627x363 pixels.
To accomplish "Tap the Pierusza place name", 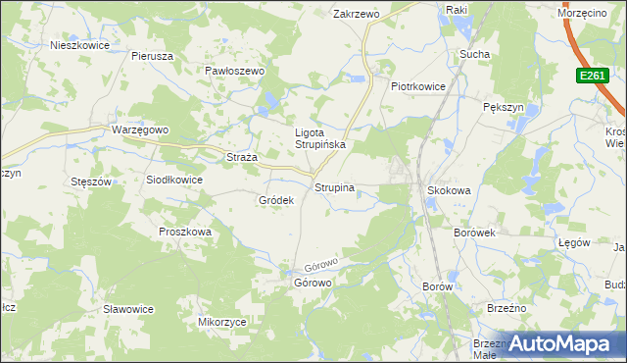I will [152, 56].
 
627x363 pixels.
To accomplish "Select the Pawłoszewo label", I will [235, 71].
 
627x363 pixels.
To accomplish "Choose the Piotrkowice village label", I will [418, 86].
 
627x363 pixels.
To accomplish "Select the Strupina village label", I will [334, 186].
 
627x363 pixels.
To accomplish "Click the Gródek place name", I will [276, 200].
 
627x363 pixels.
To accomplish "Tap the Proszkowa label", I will [185, 232].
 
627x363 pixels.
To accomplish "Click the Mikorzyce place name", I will [221, 321].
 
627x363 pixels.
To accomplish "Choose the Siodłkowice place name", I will [173, 180].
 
